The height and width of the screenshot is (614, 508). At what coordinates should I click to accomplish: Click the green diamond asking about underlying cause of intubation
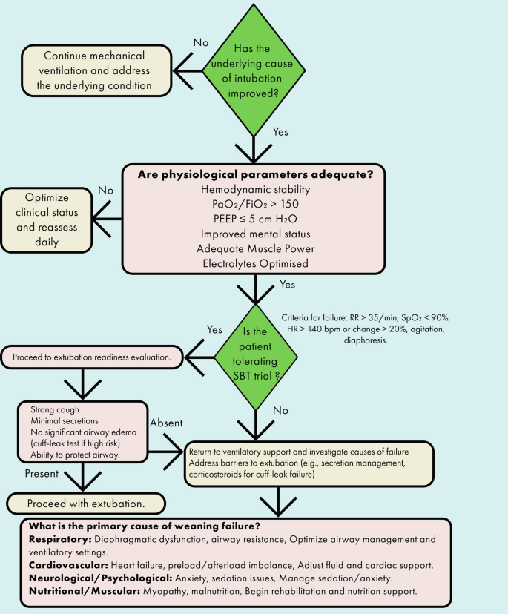255,71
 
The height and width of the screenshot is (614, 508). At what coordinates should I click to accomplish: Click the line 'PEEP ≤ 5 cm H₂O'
254,219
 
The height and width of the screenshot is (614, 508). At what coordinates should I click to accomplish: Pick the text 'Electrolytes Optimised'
254,264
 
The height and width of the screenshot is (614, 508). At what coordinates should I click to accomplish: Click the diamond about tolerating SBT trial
256,357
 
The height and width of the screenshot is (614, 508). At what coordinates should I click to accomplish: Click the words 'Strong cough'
56,409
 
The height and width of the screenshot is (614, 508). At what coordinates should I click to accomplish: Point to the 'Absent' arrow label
167,423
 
